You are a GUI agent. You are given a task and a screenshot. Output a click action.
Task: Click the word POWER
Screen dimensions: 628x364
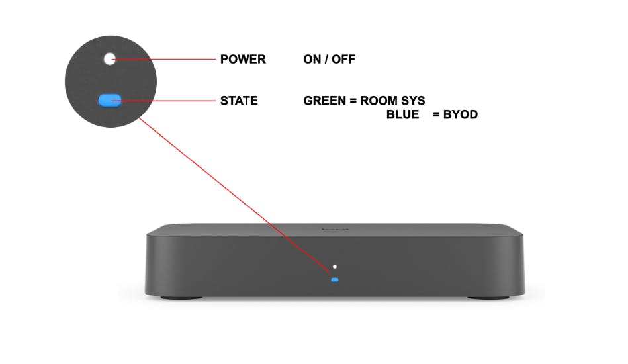pos(243,60)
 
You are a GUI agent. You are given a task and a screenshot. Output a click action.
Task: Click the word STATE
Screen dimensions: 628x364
pos(239,101)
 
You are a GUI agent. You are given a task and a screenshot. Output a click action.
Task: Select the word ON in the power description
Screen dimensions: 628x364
pos(312,60)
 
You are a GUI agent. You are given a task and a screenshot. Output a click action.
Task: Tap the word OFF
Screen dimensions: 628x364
pos(343,60)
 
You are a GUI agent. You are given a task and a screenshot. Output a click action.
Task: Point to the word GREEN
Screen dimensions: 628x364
pos(324,101)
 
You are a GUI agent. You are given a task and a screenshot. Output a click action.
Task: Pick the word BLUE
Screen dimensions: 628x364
pos(402,114)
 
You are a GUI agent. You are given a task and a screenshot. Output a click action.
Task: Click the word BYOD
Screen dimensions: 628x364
pos(461,114)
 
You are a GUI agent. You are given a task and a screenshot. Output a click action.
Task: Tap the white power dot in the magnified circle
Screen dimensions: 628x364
pos(109,58)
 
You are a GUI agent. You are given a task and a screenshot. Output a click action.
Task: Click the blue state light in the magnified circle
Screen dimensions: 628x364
pos(110,100)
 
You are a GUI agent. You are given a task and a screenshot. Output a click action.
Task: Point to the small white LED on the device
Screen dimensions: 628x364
pos(335,267)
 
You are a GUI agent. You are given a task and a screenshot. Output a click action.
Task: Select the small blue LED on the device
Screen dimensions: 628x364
pos(335,279)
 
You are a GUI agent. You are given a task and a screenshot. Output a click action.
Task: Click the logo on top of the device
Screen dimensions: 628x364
pos(336,230)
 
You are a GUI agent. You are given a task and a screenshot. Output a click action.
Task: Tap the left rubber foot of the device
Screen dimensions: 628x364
pos(182,298)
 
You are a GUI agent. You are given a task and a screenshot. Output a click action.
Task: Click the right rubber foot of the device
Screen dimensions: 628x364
pos(488,298)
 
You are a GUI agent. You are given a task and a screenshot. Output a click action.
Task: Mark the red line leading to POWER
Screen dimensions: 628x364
pos(164,60)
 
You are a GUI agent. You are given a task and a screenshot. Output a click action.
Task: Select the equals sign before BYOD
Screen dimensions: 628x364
pos(436,115)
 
